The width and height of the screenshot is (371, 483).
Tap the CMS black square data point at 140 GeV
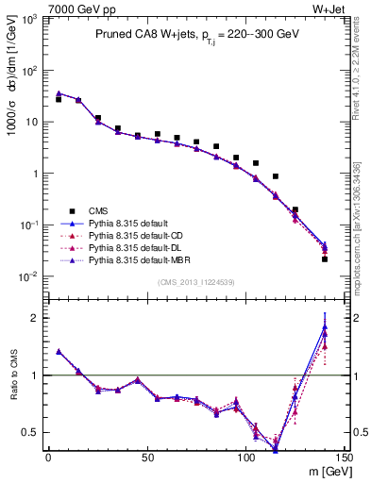click(x=325, y=258)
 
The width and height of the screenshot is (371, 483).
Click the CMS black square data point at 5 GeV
click(x=59, y=99)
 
